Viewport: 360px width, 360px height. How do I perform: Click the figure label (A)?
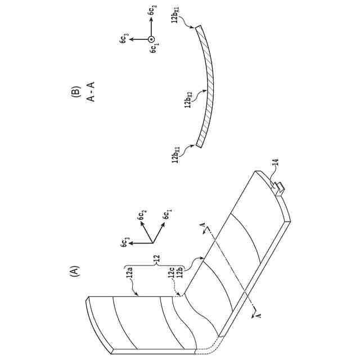[73, 272]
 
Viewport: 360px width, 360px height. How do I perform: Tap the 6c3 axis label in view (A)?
[125, 244]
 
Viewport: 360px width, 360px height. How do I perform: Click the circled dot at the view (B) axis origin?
[150, 39]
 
